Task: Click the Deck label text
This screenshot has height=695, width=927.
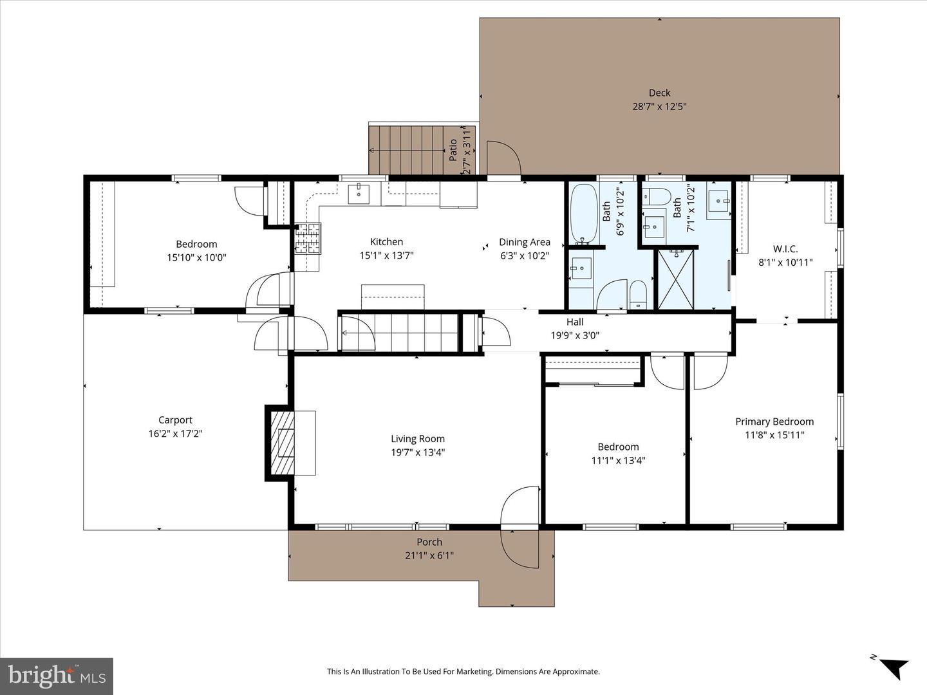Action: [x=659, y=93]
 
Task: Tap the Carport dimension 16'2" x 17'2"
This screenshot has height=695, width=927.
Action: [x=175, y=434]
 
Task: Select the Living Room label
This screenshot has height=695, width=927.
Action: [x=418, y=439]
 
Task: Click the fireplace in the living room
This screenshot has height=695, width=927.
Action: [x=281, y=443]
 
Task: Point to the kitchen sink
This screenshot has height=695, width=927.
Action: [x=359, y=193]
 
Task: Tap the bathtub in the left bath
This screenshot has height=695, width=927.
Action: [x=583, y=212]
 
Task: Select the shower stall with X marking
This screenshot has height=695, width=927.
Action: [x=675, y=279]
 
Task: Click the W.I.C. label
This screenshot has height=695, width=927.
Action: [x=785, y=249]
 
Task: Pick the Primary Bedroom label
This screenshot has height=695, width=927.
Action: [x=774, y=422]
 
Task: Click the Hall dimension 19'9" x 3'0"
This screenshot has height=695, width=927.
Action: [x=575, y=335]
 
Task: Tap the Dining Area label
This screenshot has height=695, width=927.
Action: [x=525, y=242]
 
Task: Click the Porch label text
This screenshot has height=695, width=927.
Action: [x=429, y=542]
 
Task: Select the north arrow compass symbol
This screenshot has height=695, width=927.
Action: [x=892, y=666]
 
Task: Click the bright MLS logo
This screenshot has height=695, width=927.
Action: [x=57, y=676]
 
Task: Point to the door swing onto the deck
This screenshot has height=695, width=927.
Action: [x=503, y=157]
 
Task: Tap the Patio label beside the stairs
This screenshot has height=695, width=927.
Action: [x=453, y=151]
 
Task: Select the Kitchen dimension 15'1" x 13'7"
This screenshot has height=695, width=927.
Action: [x=386, y=255]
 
